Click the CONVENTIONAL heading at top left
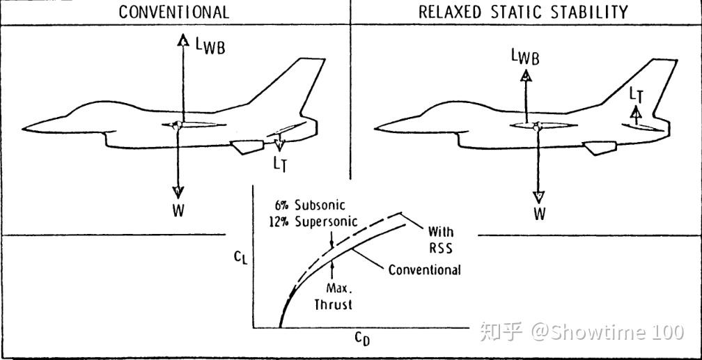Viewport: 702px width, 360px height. (x=174, y=12)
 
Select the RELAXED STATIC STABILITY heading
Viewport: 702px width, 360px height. (x=523, y=12)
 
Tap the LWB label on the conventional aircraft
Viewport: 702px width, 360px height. (x=210, y=47)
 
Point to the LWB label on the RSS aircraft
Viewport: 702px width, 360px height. (x=525, y=58)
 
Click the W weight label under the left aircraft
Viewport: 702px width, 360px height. (x=178, y=210)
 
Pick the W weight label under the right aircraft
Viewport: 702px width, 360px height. (x=540, y=214)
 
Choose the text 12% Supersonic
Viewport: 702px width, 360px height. (x=312, y=221)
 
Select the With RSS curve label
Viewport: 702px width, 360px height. (x=441, y=240)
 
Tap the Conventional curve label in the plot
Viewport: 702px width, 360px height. (x=424, y=270)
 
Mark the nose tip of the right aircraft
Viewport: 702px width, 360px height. (x=376, y=128)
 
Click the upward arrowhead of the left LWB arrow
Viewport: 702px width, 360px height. (x=182, y=40)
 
